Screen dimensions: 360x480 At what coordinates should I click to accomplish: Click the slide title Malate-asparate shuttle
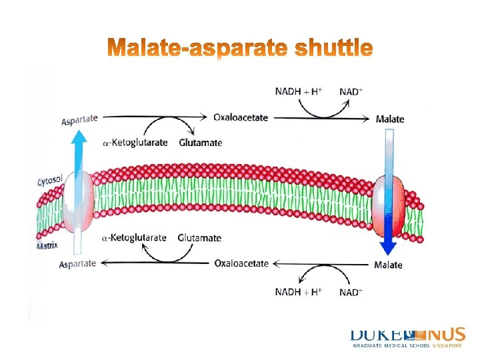click(239, 49)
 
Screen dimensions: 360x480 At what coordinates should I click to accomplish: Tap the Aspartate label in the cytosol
click(80, 119)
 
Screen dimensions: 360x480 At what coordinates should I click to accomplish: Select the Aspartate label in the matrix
click(77, 264)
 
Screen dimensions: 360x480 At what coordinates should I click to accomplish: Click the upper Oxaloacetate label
click(241, 118)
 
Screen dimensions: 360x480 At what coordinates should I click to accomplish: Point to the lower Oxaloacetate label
click(241, 263)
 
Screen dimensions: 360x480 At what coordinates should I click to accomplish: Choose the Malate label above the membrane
click(389, 119)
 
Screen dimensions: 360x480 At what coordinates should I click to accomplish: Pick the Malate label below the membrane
click(388, 265)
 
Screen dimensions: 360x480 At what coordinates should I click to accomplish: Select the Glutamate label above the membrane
click(201, 142)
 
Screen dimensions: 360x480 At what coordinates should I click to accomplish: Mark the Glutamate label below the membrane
click(199, 238)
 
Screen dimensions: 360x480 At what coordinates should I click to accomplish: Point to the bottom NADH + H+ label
click(299, 292)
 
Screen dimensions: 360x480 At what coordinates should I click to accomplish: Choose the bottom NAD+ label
click(351, 292)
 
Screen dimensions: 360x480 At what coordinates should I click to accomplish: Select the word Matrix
click(47, 245)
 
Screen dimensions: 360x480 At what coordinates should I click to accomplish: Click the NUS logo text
click(447, 334)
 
